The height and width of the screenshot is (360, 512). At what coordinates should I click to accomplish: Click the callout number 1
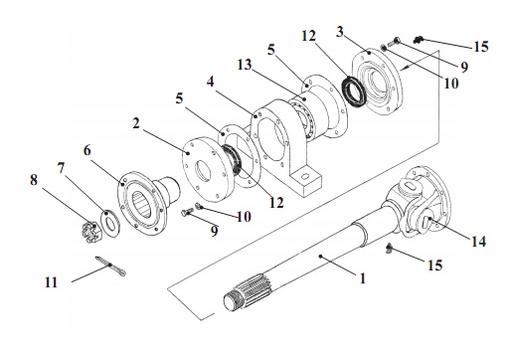point(363,277)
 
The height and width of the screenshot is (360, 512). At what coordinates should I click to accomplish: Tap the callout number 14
point(478,241)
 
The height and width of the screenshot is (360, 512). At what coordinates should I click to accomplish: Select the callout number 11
point(52,282)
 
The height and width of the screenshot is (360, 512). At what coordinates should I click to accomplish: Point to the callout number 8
point(34,180)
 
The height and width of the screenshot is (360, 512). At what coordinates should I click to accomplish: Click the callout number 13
point(245,65)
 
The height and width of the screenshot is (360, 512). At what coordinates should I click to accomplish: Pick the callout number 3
point(340,32)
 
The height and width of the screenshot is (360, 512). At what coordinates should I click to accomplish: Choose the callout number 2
point(136,123)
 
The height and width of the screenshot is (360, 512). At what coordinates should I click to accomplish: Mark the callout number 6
point(86,150)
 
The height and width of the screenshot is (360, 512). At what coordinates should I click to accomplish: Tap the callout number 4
point(210,82)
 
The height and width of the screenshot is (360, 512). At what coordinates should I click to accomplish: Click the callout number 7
point(61,168)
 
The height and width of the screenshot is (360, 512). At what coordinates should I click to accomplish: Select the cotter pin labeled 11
point(110,266)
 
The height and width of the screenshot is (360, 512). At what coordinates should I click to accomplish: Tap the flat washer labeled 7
point(110,223)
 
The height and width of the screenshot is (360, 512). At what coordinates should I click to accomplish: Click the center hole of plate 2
point(203,171)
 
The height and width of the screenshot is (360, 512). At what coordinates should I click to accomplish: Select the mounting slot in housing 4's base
point(305,176)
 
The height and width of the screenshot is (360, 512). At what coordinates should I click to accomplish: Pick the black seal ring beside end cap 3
point(354,91)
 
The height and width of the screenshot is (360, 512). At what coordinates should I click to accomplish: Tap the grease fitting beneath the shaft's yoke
point(390,247)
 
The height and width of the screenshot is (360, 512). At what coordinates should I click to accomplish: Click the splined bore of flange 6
point(143,204)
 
